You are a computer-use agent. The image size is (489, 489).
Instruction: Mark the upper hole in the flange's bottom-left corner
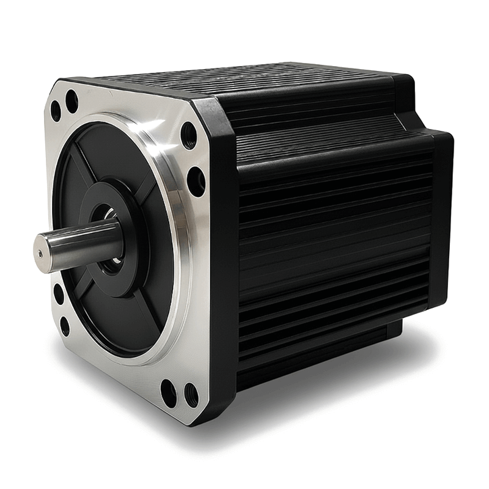[x=59, y=293]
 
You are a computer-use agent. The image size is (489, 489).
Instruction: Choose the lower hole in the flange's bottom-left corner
[x=65, y=326]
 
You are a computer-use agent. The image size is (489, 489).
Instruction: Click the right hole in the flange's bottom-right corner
[x=190, y=395]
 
